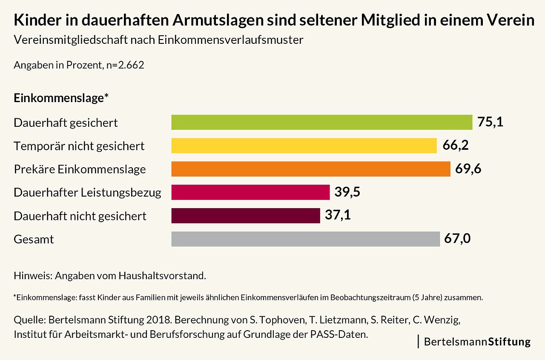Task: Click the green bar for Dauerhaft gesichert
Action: (321, 122)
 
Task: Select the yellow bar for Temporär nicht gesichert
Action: (304, 146)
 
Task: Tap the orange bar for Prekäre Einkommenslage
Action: (311, 169)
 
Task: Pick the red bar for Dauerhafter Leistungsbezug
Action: (250, 192)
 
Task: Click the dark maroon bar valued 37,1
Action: (245, 216)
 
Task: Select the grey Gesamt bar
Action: (305, 239)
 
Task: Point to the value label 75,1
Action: (490, 122)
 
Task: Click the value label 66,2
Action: (456, 146)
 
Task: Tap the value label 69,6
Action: (468, 169)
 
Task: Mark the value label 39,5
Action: (347, 192)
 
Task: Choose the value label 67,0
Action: (457, 239)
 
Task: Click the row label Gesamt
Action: (34, 240)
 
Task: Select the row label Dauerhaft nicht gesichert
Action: (80, 216)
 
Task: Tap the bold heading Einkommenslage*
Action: (61, 98)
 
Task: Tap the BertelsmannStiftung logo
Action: (477, 342)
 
